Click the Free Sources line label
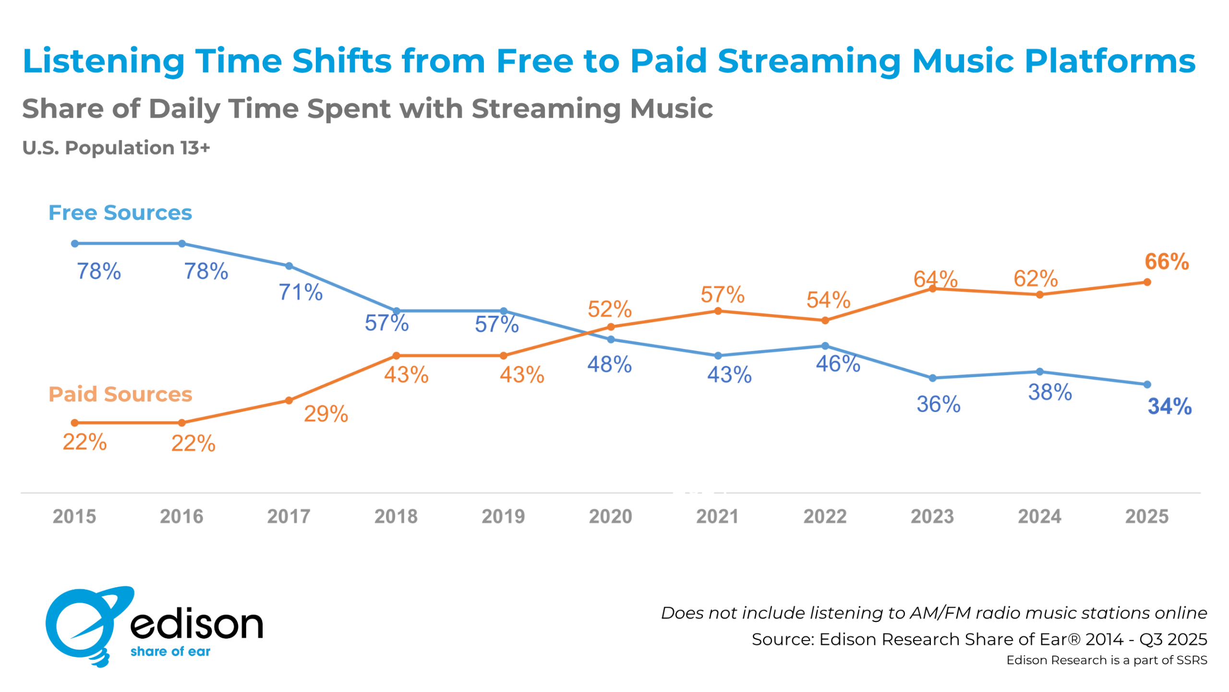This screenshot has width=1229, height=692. [x=120, y=213]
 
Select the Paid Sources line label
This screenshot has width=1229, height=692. [x=120, y=394]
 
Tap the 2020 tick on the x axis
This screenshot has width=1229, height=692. [x=611, y=517]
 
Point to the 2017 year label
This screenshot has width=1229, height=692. [x=289, y=517]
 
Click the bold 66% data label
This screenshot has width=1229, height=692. [x=1167, y=262]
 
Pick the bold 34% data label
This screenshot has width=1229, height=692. [x=1170, y=406]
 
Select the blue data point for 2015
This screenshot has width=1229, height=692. [x=75, y=244]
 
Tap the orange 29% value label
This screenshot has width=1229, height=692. [x=326, y=414]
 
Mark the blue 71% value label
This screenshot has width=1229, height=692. [x=301, y=292]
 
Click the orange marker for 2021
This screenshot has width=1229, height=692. [x=718, y=311]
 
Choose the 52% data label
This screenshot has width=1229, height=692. [x=610, y=309]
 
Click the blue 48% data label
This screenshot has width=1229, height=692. [x=610, y=364]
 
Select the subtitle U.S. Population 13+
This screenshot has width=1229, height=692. [x=116, y=148]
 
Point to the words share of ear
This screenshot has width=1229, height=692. [x=170, y=652]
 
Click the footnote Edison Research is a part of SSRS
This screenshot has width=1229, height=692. [x=1107, y=660]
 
